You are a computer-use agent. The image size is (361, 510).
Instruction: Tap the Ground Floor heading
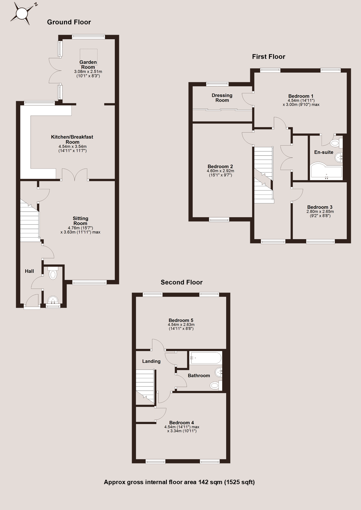pos(69,22)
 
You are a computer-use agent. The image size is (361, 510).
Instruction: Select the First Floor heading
pos(268,57)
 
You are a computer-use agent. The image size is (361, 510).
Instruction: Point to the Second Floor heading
pos(181,282)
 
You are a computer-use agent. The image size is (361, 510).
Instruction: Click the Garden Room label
pos(88,65)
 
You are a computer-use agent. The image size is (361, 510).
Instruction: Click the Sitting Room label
pos(80,221)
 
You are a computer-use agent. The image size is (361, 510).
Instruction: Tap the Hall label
pos(29,271)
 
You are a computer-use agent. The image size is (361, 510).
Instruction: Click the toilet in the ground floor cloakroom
pos(53,273)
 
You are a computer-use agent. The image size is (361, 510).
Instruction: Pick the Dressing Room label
pos(222,98)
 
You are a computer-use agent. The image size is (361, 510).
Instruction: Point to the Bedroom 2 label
pos(220,167)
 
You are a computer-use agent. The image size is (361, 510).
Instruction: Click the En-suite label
pos(324,152)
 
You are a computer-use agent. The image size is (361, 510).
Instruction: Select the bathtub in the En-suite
pos(326,172)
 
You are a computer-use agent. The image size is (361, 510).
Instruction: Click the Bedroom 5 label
pos(181,320)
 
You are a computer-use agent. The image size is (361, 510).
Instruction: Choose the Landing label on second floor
pos(151,361)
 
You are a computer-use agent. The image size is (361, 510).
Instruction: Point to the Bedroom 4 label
pos(182,422)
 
